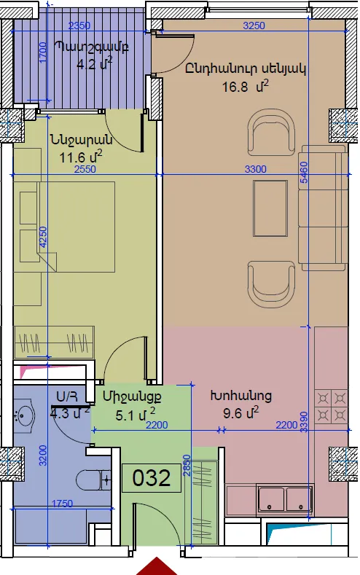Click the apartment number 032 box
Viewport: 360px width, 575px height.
152,478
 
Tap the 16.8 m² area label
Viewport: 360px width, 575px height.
246,87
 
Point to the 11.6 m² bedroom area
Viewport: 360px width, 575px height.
81,157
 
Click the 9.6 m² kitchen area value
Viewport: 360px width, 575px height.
241,412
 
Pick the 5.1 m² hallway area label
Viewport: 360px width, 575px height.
135,415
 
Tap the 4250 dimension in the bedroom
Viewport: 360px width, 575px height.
43,238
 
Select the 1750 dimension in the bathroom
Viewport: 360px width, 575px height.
62,504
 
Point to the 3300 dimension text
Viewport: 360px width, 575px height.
256,169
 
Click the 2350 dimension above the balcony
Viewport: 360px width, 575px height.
79,26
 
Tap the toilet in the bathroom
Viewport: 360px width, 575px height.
94,480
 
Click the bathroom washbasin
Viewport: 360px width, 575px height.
24,415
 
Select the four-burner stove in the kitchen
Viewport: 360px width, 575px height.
332,407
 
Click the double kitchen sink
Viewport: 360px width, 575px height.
285,498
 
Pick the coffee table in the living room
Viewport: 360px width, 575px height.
270,208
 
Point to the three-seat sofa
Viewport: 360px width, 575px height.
323,208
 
